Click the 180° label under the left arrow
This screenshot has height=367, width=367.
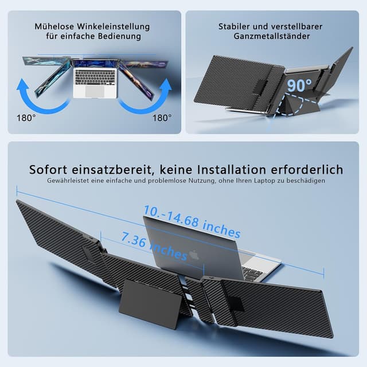[x=26, y=117]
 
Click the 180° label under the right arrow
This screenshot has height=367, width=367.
[x=162, y=117]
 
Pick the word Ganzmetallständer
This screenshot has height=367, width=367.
[x=272, y=36]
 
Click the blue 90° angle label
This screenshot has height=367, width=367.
[x=300, y=85]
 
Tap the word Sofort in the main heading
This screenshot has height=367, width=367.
[x=51, y=170]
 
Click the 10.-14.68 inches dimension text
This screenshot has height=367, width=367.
[x=192, y=221]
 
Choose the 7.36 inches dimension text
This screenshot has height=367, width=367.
[x=154, y=245]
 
